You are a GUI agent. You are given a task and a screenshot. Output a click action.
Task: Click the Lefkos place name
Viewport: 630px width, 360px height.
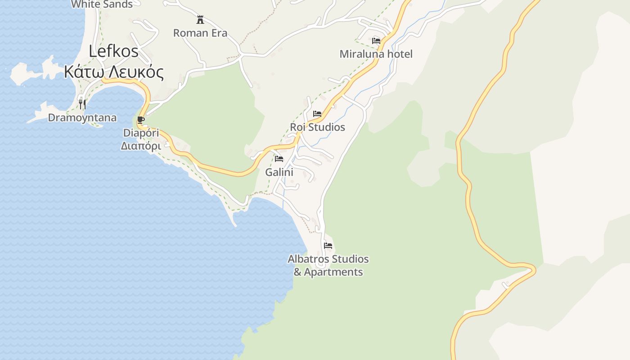(113, 51)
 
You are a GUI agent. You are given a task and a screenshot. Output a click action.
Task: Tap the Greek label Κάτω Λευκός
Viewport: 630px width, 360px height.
(113, 72)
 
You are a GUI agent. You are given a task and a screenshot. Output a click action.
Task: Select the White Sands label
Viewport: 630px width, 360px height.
(102, 4)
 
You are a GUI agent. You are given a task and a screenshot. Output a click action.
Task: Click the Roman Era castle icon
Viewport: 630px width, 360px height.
(200, 20)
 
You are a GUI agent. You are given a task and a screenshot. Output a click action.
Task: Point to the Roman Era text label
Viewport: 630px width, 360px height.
(200, 33)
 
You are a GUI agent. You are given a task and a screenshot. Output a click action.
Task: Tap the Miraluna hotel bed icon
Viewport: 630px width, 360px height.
(376, 41)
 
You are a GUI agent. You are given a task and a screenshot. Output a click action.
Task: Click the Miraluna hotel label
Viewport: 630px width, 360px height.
(376, 54)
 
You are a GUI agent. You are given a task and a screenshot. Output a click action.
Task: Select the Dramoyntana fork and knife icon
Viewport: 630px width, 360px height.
(82, 104)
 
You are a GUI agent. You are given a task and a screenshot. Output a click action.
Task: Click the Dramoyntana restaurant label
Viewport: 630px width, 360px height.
(82, 118)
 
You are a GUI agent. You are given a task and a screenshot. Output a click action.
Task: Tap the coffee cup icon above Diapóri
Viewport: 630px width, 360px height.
(141, 120)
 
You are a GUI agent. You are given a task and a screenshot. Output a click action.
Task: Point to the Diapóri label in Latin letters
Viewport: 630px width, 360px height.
(141, 133)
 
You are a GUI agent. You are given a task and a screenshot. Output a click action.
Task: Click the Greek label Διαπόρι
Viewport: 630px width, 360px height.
(141, 146)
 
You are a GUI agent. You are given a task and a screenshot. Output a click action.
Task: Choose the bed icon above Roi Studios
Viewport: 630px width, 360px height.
(317, 114)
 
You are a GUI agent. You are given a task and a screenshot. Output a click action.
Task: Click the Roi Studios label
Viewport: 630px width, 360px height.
(317, 127)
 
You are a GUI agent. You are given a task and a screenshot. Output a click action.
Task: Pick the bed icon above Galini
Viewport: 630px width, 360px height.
(279, 159)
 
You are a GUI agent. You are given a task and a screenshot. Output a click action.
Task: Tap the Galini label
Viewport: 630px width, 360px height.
(279, 172)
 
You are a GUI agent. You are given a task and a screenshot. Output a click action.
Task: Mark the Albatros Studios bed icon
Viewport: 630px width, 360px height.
(328, 246)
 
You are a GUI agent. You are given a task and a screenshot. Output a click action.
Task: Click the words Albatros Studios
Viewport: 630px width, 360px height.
(328, 259)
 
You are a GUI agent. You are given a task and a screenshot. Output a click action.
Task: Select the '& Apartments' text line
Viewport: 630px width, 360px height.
(328, 272)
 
